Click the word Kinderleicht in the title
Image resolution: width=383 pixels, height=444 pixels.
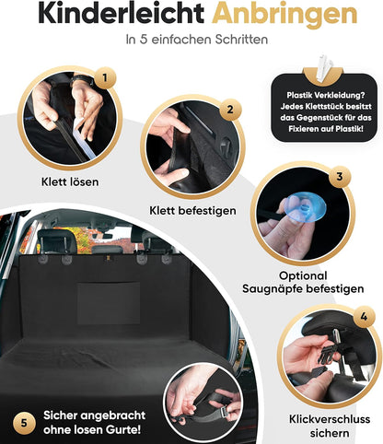pos(121,14)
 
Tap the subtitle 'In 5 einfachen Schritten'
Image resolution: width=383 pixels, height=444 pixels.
pos(197,40)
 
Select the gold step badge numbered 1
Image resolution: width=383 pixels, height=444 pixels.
pos(105,77)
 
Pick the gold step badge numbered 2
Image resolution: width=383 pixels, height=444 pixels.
pos(230,110)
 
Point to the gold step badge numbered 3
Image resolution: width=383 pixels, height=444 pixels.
pos(339,177)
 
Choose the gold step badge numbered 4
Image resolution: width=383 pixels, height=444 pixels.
pos(364,316)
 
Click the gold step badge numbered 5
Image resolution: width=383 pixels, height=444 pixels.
pos(24,423)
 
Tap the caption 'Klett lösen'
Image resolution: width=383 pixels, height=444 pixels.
pos(70,181)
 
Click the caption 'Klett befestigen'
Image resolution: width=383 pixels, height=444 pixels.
pos(192,211)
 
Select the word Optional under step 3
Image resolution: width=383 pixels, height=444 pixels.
pos(303,275)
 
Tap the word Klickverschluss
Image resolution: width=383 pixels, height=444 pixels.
pos(330,419)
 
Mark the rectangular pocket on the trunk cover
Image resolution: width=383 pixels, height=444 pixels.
pos(108,303)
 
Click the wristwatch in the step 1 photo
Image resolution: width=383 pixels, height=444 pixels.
pos(81,80)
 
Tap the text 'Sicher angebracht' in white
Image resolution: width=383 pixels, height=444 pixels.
pos(94,415)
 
